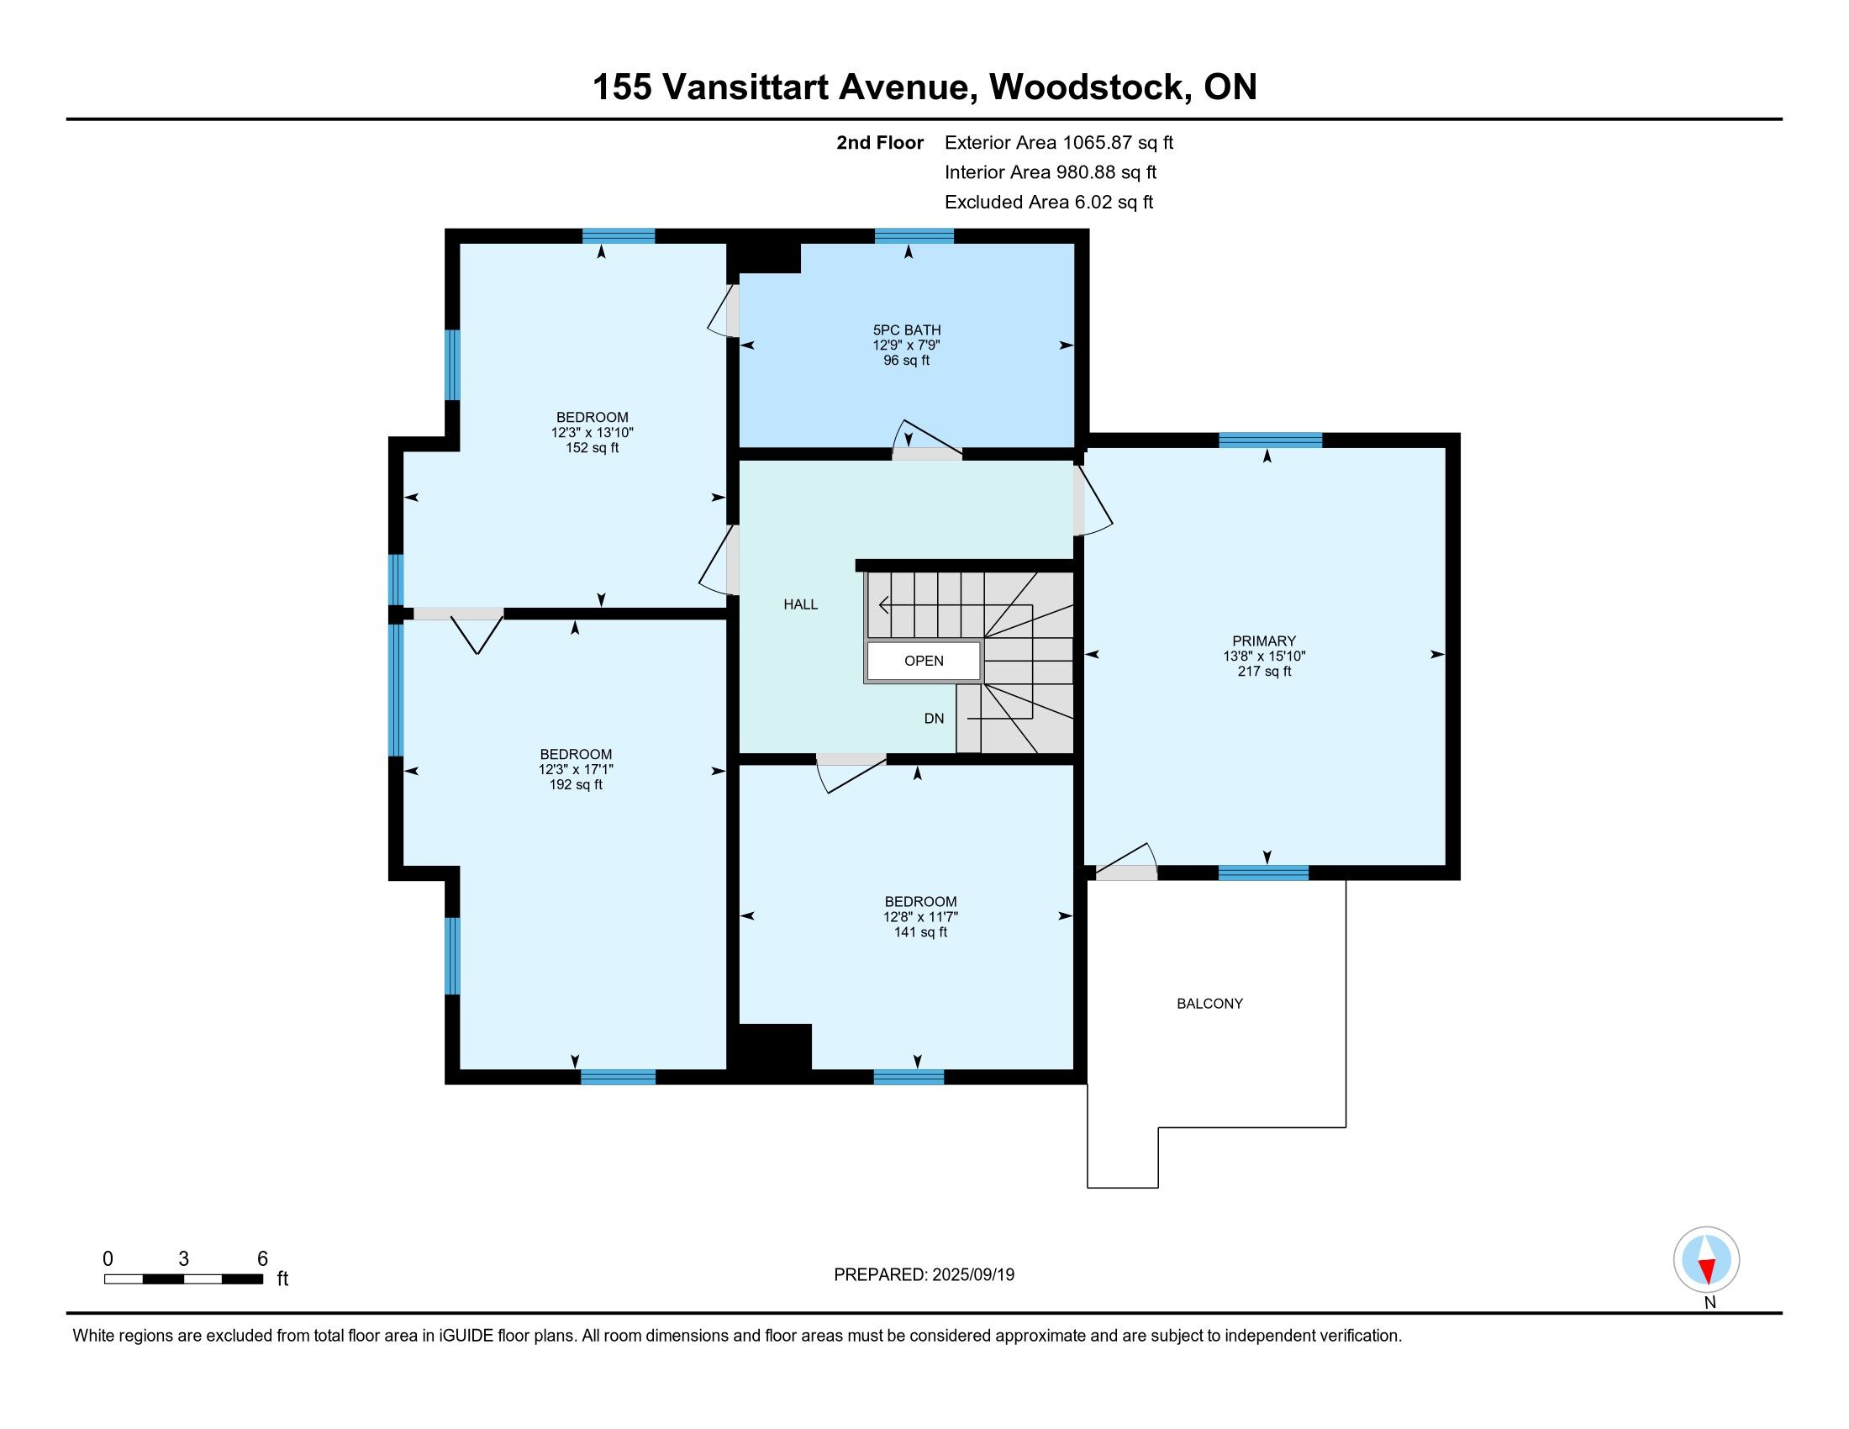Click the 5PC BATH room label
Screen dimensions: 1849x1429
pos(907,330)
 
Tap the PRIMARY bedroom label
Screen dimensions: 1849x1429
pos(1264,641)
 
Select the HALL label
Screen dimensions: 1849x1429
pos(800,604)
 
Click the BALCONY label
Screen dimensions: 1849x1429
pos(1209,1004)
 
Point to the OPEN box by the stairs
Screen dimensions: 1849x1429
pos(924,662)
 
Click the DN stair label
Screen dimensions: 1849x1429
pos(934,719)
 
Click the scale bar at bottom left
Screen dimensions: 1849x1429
pos(184,1279)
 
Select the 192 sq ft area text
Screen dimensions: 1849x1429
pos(576,785)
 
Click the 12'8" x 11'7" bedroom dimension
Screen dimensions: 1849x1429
pos(920,917)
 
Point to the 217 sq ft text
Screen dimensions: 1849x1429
pos(1264,672)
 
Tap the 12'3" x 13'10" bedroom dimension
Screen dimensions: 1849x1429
pos(592,433)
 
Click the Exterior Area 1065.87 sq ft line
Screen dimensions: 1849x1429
pos(1059,142)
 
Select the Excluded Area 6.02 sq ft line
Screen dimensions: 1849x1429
pos(1049,202)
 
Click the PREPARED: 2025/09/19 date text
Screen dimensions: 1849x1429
pos(924,1275)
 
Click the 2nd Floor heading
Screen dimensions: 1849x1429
pos(880,142)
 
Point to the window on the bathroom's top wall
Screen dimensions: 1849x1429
pos(914,236)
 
